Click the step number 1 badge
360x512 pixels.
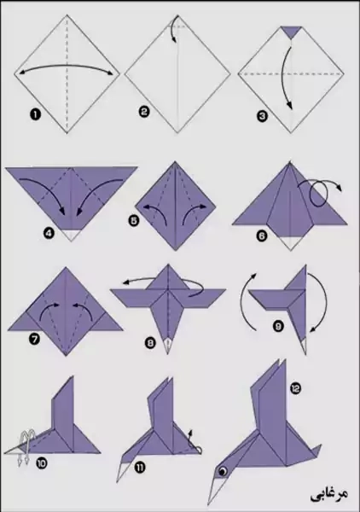point(36,114)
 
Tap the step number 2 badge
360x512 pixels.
point(144,112)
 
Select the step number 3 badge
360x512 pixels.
point(263,116)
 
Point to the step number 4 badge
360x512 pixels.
point(48,234)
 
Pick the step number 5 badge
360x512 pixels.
point(133,221)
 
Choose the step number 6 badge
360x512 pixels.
point(262,236)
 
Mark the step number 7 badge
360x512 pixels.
point(34,339)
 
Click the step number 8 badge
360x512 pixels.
point(150,343)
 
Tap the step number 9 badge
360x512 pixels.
point(278,326)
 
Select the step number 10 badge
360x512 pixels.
point(43,463)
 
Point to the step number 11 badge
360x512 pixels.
point(141,468)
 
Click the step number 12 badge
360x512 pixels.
point(296,388)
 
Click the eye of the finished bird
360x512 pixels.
point(224,471)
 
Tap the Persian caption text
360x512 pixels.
point(328,494)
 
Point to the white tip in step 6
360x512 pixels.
point(290,242)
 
